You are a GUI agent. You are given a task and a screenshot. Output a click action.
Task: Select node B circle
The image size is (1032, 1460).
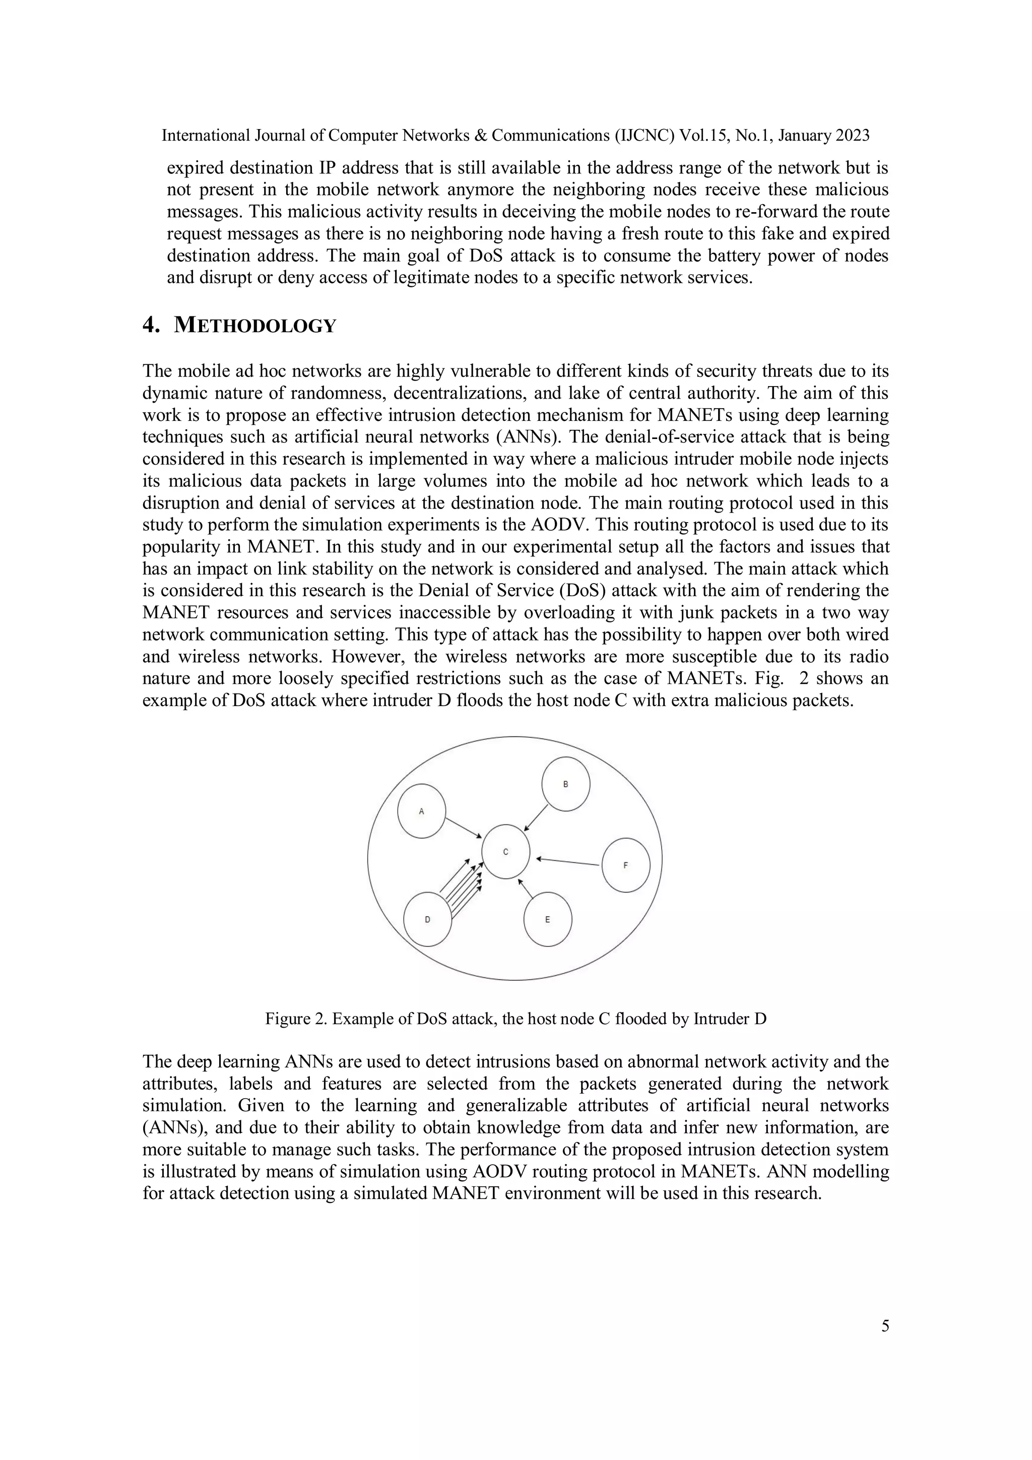[565, 784]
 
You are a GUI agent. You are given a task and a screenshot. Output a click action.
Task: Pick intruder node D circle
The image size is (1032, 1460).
[427, 920]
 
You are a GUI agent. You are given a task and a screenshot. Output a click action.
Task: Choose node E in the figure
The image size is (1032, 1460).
[547, 920]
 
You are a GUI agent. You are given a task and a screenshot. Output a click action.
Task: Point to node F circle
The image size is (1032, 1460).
[626, 865]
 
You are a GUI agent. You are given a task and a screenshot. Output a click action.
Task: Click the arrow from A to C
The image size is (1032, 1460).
[463, 828]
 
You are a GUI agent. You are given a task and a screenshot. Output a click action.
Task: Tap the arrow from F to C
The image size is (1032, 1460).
[568, 862]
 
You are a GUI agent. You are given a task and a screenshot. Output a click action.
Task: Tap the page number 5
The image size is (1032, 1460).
[884, 1326]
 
